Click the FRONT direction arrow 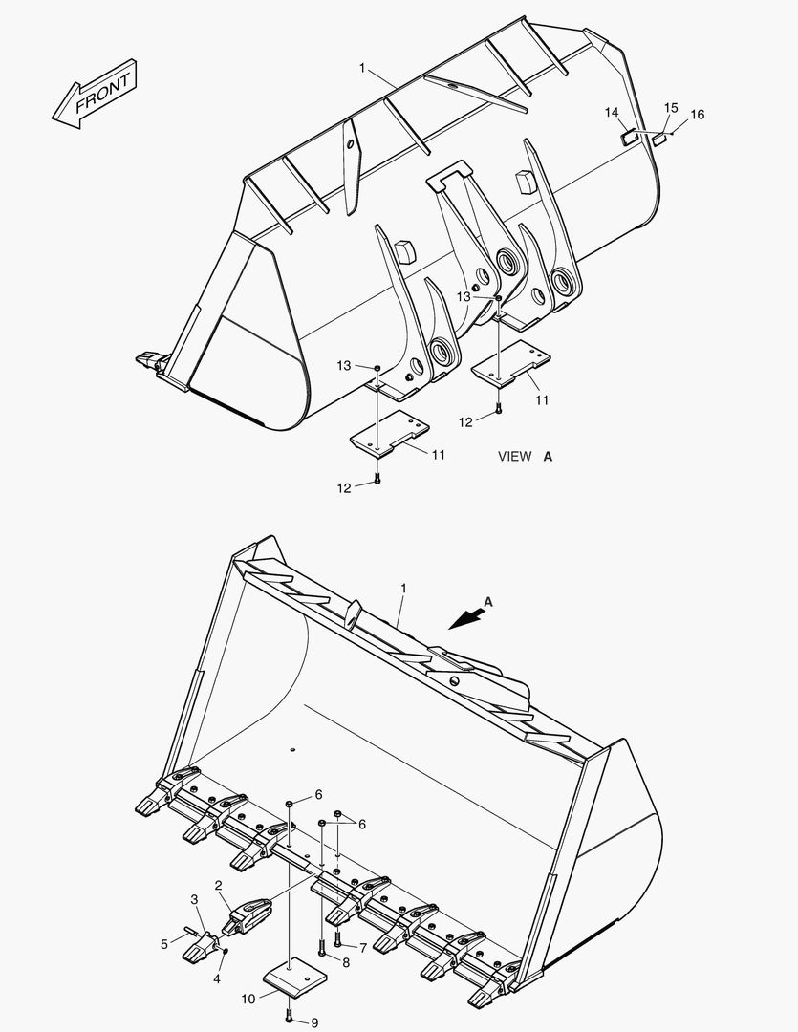click(95, 94)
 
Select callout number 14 click(611, 113)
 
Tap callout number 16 click(697, 115)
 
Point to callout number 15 click(671, 108)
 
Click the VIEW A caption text click(525, 457)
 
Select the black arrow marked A click(465, 618)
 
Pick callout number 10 click(248, 999)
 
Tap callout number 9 click(314, 1022)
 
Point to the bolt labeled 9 click(290, 1015)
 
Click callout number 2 click(219, 886)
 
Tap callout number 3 click(194, 899)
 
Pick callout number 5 click(164, 943)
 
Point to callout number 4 click(217, 978)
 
